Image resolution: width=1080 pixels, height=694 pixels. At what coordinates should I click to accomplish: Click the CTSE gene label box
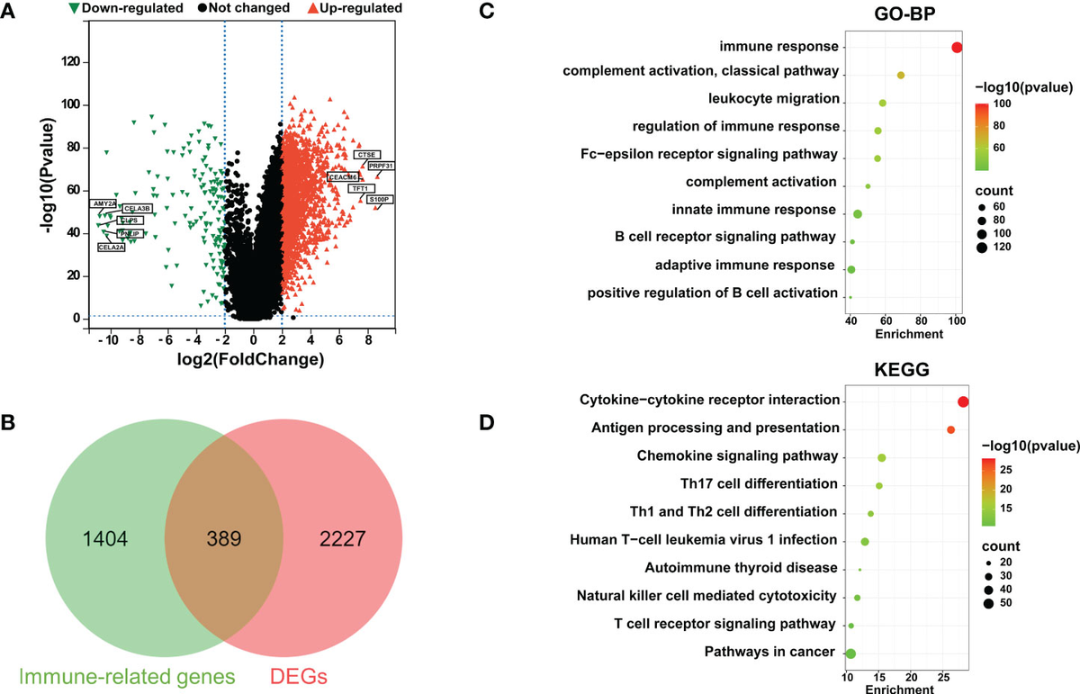(x=367, y=155)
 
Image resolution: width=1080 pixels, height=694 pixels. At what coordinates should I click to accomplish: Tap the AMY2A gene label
(x=103, y=204)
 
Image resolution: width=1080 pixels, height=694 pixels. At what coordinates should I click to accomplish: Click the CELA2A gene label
(x=112, y=247)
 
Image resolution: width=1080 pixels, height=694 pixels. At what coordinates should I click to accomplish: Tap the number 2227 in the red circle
(x=346, y=540)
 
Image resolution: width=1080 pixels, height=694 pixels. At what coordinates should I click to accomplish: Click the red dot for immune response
(x=957, y=47)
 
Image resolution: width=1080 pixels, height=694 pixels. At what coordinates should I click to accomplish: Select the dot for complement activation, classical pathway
(x=901, y=76)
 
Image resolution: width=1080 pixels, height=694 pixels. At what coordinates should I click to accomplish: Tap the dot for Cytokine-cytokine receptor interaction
(x=964, y=401)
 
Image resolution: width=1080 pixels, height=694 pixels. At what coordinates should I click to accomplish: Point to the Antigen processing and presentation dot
(x=950, y=430)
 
